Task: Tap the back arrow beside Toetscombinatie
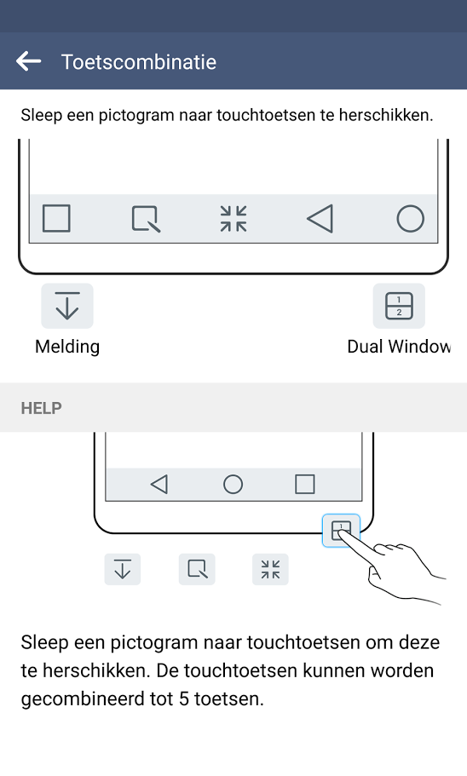[28, 61]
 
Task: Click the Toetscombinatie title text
[139, 62]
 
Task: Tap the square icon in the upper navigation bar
[56, 218]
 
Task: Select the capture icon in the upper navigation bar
[146, 219]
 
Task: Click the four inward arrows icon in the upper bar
[233, 219]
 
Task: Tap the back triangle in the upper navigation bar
[320, 219]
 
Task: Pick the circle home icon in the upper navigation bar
[410, 218]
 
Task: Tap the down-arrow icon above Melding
[67, 306]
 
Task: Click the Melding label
[67, 347]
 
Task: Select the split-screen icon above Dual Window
[399, 306]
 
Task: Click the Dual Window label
[399, 347]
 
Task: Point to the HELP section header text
[41, 408]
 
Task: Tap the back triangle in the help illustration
[159, 484]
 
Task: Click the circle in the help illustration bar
[233, 485]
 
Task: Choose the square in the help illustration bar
[304, 485]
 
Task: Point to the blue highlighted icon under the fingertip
[341, 531]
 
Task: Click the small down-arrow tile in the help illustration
[123, 569]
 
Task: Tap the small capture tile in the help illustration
[197, 569]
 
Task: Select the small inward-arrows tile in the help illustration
[270, 569]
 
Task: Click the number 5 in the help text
[184, 698]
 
